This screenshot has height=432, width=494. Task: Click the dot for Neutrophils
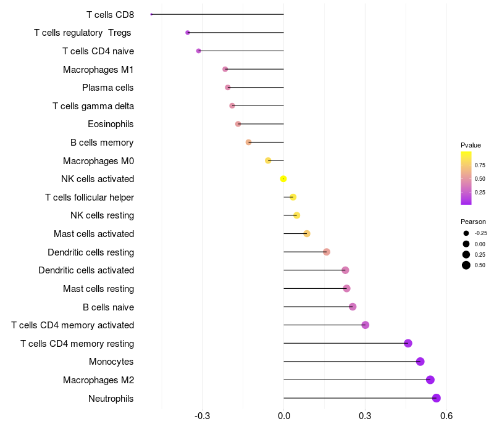[x=436, y=398]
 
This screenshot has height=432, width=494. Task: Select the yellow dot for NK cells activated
[x=283, y=179]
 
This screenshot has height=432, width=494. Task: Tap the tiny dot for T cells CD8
[x=151, y=14]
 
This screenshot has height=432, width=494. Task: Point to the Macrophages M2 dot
[x=430, y=380]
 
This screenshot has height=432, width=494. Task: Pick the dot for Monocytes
[x=420, y=362]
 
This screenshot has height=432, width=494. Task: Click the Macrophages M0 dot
[x=268, y=160]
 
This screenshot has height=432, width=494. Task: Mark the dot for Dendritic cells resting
[x=327, y=252]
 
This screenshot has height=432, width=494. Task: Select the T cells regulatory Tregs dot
[x=188, y=33]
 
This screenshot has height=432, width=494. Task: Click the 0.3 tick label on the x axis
[x=365, y=416]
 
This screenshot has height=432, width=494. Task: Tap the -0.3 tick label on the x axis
[x=203, y=416]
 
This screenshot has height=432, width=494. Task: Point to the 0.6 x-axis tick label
[x=446, y=416]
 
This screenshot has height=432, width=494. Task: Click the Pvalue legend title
[x=471, y=145]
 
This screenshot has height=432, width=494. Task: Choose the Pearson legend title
[x=473, y=222]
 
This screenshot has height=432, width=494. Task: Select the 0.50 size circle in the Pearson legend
[x=466, y=265]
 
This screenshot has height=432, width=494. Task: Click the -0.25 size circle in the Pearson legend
[x=466, y=233]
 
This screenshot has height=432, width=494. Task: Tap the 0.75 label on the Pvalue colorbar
[x=480, y=165]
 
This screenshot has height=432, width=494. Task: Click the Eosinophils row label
[x=111, y=124]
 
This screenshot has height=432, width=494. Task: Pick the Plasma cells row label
[x=107, y=88]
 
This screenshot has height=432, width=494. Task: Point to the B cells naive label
[x=109, y=307]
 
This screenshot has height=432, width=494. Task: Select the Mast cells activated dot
[x=307, y=234]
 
